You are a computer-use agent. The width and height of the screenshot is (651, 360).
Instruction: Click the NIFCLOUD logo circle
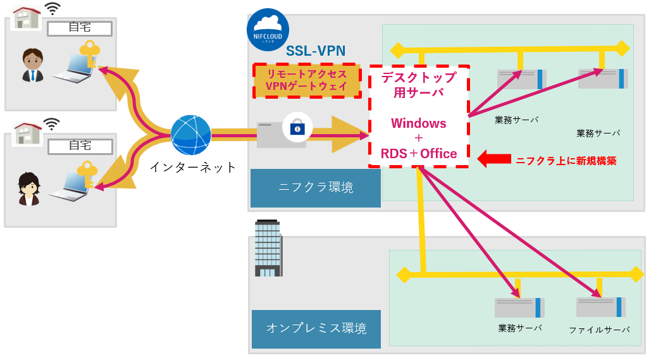(x=268, y=30)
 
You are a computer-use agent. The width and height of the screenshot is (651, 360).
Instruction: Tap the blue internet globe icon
(x=190, y=135)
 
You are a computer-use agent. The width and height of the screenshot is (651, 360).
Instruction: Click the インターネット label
(x=193, y=167)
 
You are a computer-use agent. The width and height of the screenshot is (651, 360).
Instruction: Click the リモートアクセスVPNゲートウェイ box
(x=307, y=80)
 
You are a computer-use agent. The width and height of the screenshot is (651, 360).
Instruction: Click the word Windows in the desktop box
(x=418, y=123)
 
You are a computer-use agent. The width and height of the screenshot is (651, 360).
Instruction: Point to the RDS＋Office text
(x=418, y=153)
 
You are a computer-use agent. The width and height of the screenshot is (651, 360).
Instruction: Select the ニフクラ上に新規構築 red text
(x=566, y=161)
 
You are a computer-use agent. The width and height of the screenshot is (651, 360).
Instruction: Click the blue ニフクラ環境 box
(x=316, y=187)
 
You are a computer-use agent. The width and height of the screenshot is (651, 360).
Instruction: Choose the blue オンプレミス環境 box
(x=316, y=328)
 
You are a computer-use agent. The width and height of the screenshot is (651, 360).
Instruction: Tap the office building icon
(x=268, y=248)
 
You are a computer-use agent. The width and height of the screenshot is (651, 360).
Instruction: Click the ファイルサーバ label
(x=598, y=330)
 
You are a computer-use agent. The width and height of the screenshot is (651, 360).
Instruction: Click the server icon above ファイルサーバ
(x=600, y=307)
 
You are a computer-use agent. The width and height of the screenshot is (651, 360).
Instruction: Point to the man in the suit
(x=32, y=66)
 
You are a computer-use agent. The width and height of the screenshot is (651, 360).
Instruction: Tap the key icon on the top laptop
(x=90, y=53)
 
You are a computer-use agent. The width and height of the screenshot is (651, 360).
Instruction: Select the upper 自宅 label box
(x=80, y=28)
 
